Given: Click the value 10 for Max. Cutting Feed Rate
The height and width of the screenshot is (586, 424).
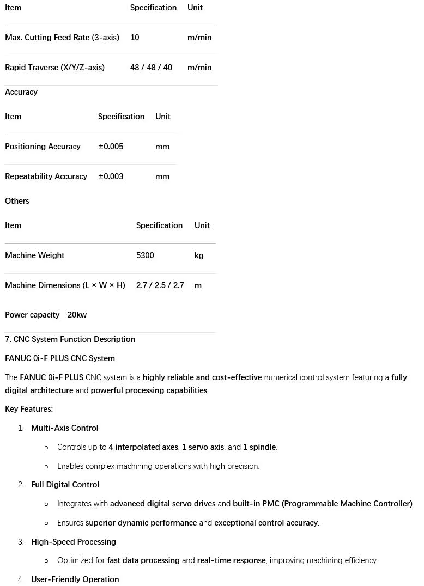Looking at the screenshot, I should tap(135, 38).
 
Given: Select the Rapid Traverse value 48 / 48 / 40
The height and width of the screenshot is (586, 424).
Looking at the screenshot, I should tap(151, 68).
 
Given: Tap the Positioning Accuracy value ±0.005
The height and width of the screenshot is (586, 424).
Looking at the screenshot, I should tap(111, 146).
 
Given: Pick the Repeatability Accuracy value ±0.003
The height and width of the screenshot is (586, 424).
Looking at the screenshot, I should tap(111, 176).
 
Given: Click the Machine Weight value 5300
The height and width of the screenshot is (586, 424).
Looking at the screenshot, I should tap(145, 255).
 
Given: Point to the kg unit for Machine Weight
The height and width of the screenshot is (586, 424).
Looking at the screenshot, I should tap(199, 255).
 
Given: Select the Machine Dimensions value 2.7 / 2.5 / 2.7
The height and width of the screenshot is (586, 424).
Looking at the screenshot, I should tap(160, 285).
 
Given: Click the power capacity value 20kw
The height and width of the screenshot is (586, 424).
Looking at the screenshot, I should tap(77, 315).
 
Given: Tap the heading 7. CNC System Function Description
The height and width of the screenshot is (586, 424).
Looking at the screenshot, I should tap(70, 339).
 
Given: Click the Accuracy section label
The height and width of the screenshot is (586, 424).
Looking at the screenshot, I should tap(21, 92).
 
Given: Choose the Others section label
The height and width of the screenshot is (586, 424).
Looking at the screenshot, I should tap(17, 201).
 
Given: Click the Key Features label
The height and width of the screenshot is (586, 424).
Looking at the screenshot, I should tap(28, 409).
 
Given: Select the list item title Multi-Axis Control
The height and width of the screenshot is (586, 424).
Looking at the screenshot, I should tap(64, 428).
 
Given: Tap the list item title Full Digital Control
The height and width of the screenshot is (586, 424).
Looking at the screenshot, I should tap(65, 485).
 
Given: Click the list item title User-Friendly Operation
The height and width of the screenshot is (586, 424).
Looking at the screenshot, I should tap(75, 579).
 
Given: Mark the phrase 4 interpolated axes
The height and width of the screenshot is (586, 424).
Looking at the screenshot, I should tap(143, 447).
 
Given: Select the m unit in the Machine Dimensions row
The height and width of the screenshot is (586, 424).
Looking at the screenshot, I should tap(198, 285).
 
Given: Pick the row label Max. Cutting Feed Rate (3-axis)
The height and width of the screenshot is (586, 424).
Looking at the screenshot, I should tap(62, 38).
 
